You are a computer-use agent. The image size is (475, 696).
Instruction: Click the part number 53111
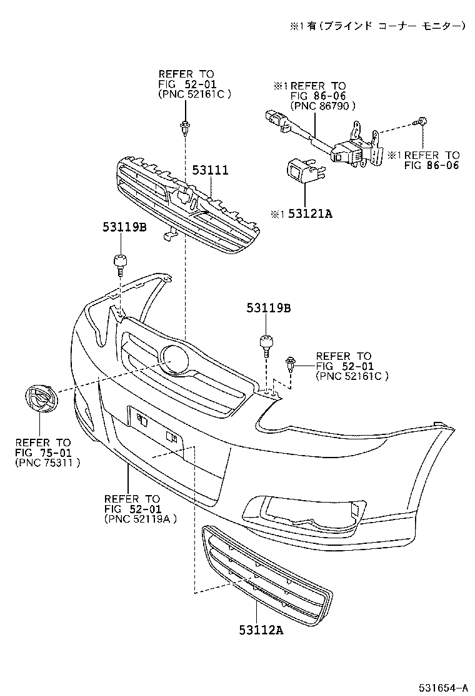coord(209,170)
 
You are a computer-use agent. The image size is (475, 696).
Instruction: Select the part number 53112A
coord(261,630)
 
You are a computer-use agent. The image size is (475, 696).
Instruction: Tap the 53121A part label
coord(309,214)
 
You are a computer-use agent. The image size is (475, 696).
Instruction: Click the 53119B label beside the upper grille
coord(124,228)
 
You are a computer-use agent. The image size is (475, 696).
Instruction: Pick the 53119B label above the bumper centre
coord(268,308)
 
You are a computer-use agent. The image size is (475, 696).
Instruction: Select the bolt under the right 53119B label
coord(266,345)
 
